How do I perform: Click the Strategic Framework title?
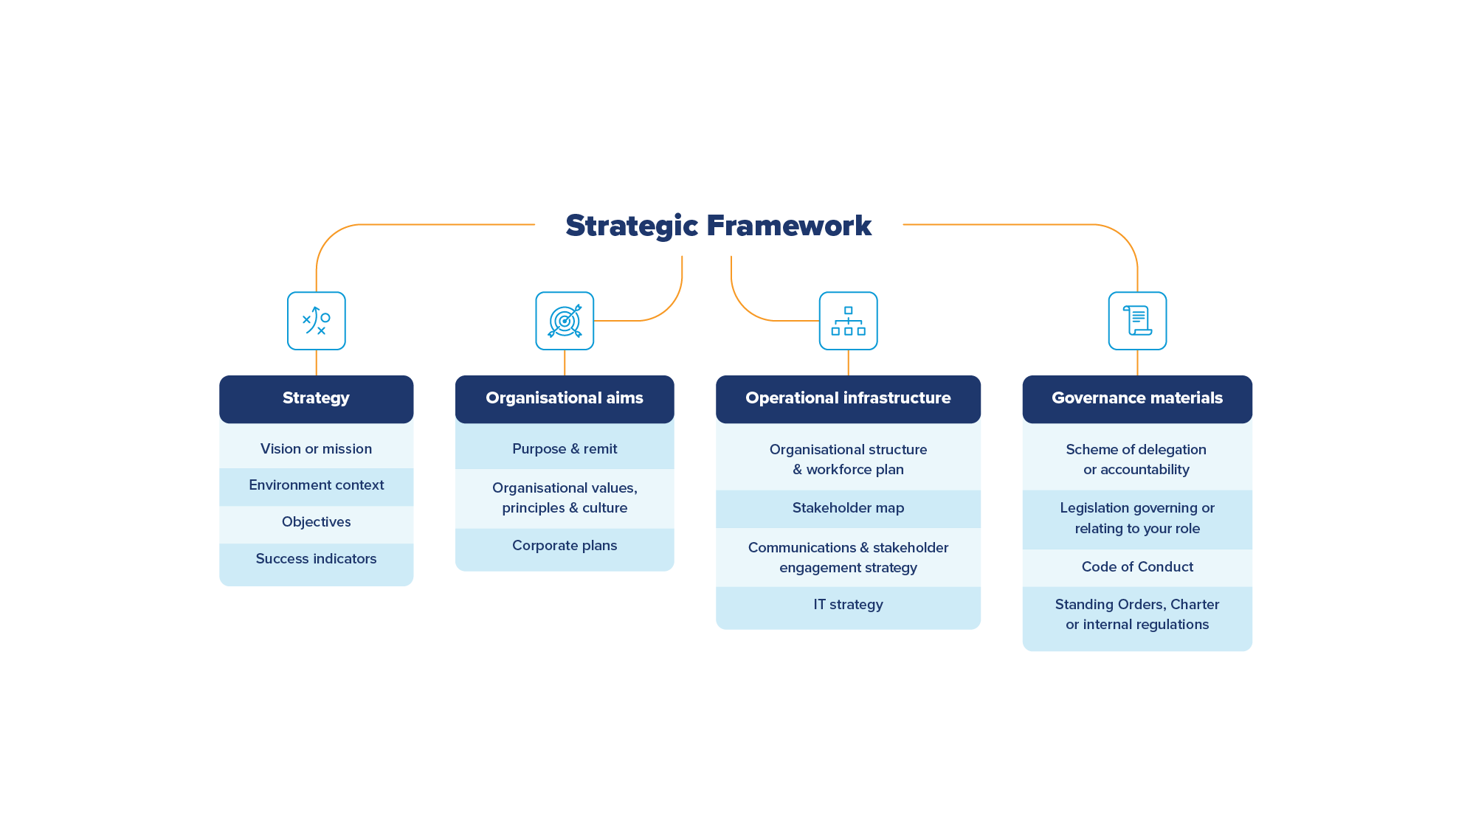coord(718,226)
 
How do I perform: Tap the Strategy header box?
coord(316,398)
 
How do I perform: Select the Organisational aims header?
coord(564,398)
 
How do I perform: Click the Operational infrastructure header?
coord(848,398)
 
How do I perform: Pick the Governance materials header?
coord(1136,398)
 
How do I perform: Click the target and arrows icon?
coord(565,321)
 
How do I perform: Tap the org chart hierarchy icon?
coord(848,321)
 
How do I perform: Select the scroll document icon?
coord(1137,321)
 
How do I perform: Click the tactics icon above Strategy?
coord(316,321)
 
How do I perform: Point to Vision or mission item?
coord(316,448)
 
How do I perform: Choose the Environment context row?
coord(316,485)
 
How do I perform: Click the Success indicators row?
coord(316,559)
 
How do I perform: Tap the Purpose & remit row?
coord(564,448)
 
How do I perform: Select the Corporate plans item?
coord(564,546)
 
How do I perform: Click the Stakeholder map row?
coord(848,508)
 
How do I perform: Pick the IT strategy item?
coord(848,605)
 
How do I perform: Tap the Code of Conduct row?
coord(1136,567)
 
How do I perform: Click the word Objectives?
coord(316,522)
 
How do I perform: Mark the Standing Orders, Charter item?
coord(1136,614)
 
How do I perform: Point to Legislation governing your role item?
coord(1136,518)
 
